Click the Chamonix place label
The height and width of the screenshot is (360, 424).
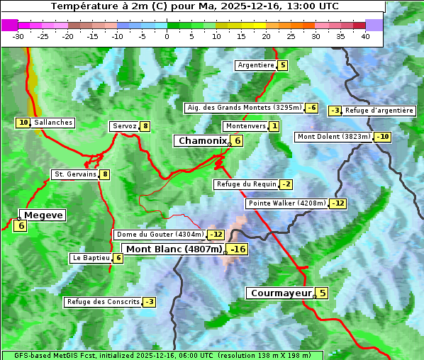tap(202, 141)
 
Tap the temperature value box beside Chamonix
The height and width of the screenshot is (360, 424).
tap(238, 141)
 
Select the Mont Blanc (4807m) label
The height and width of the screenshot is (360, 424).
tap(174, 249)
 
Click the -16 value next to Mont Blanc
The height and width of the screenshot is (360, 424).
tap(238, 249)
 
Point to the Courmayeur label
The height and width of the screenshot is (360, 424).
tap(281, 293)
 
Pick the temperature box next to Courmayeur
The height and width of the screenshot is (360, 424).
tap(322, 293)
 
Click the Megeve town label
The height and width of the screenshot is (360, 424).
tap(43, 215)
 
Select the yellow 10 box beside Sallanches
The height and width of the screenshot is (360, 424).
tap(23, 123)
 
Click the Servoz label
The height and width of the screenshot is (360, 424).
tap(124, 126)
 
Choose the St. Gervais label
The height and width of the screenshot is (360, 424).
tap(74, 174)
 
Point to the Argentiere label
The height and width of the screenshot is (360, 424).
tap(256, 65)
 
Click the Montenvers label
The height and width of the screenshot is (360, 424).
tap(245, 126)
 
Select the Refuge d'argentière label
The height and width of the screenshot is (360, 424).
tap(379, 111)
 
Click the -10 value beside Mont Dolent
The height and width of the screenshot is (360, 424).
tap(383, 137)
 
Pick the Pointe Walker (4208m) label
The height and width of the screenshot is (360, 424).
tap(287, 203)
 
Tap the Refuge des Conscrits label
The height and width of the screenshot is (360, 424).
tap(103, 302)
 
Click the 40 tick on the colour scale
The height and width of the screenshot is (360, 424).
tap(365, 36)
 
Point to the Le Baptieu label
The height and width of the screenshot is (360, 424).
tap(90, 258)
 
